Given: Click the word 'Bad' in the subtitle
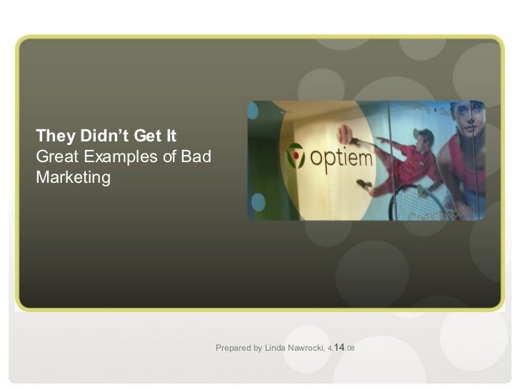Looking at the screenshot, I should [196, 156].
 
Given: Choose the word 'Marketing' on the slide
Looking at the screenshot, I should [74, 176].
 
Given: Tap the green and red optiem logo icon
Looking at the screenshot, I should [296, 155].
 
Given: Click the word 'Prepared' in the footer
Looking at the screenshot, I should [234, 348].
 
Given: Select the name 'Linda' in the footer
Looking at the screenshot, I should [276, 348].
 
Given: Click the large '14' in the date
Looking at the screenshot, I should [339, 346].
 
